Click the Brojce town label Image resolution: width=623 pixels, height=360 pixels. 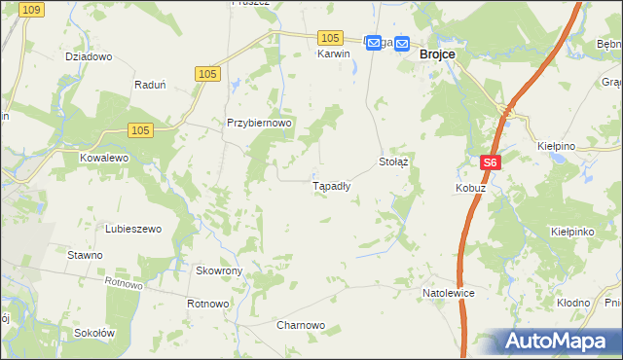pyautogui.click(x=437, y=55)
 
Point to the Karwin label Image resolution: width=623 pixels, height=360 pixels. pyautogui.click(x=333, y=54)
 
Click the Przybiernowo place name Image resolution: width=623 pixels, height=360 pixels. pyautogui.click(x=260, y=124)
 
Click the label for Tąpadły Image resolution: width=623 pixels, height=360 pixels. pyautogui.click(x=331, y=185)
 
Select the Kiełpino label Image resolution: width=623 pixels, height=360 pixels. pyautogui.click(x=557, y=146)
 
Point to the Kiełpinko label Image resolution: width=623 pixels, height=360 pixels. pyautogui.click(x=572, y=234)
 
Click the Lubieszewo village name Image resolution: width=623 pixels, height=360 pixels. pyautogui.click(x=133, y=229)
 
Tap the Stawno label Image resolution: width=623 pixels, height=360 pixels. pyautogui.click(x=85, y=255)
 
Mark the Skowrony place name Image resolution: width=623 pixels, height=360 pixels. pyautogui.click(x=219, y=270)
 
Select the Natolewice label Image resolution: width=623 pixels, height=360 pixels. pyautogui.click(x=448, y=292)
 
